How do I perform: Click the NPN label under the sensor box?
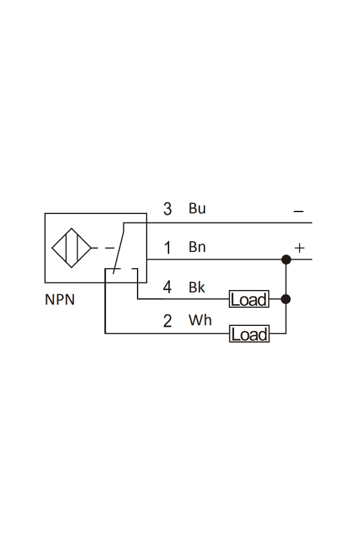click(x=60, y=300)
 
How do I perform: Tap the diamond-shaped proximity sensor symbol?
click(x=71, y=248)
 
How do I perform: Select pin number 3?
click(x=167, y=209)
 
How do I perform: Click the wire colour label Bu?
click(x=197, y=208)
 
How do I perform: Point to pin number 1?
click(x=167, y=248)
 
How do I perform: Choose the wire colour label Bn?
click(x=197, y=247)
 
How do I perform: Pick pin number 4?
click(x=167, y=287)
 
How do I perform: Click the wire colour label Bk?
click(x=197, y=287)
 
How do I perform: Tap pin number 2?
click(x=167, y=321)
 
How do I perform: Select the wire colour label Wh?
click(x=200, y=320)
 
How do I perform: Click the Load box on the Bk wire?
click(x=249, y=299)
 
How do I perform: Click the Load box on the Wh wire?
click(x=249, y=334)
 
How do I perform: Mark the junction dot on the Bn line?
click(x=286, y=259)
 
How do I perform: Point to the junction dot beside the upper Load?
click(x=286, y=299)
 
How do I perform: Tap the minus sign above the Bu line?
click(x=299, y=212)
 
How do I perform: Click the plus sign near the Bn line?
click(x=300, y=248)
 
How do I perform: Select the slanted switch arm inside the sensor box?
click(x=118, y=248)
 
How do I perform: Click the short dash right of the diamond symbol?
click(x=109, y=248)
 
